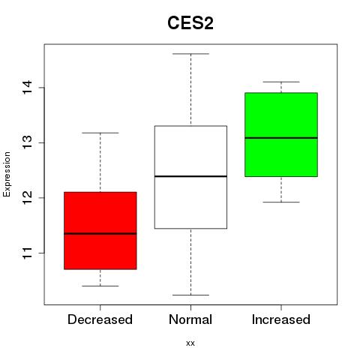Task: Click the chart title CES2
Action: click(190, 23)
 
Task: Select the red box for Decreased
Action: click(100, 231)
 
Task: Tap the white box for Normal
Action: click(190, 177)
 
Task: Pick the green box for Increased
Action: click(281, 135)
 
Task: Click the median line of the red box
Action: click(100, 234)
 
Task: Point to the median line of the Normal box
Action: click(190, 176)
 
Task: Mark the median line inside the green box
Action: click(281, 138)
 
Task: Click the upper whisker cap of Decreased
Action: click(100, 133)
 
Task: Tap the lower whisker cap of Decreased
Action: click(100, 286)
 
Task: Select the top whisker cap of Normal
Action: click(190, 54)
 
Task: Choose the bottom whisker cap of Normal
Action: click(190, 295)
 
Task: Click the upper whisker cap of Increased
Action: click(281, 82)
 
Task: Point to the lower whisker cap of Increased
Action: click(281, 202)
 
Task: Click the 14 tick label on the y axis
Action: click(28, 87)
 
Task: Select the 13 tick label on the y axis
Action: click(28, 142)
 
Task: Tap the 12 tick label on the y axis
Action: click(28, 197)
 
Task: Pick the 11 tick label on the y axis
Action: click(28, 253)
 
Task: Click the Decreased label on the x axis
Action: click(100, 319)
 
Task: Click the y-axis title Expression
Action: click(7, 174)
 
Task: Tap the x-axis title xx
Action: click(190, 343)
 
